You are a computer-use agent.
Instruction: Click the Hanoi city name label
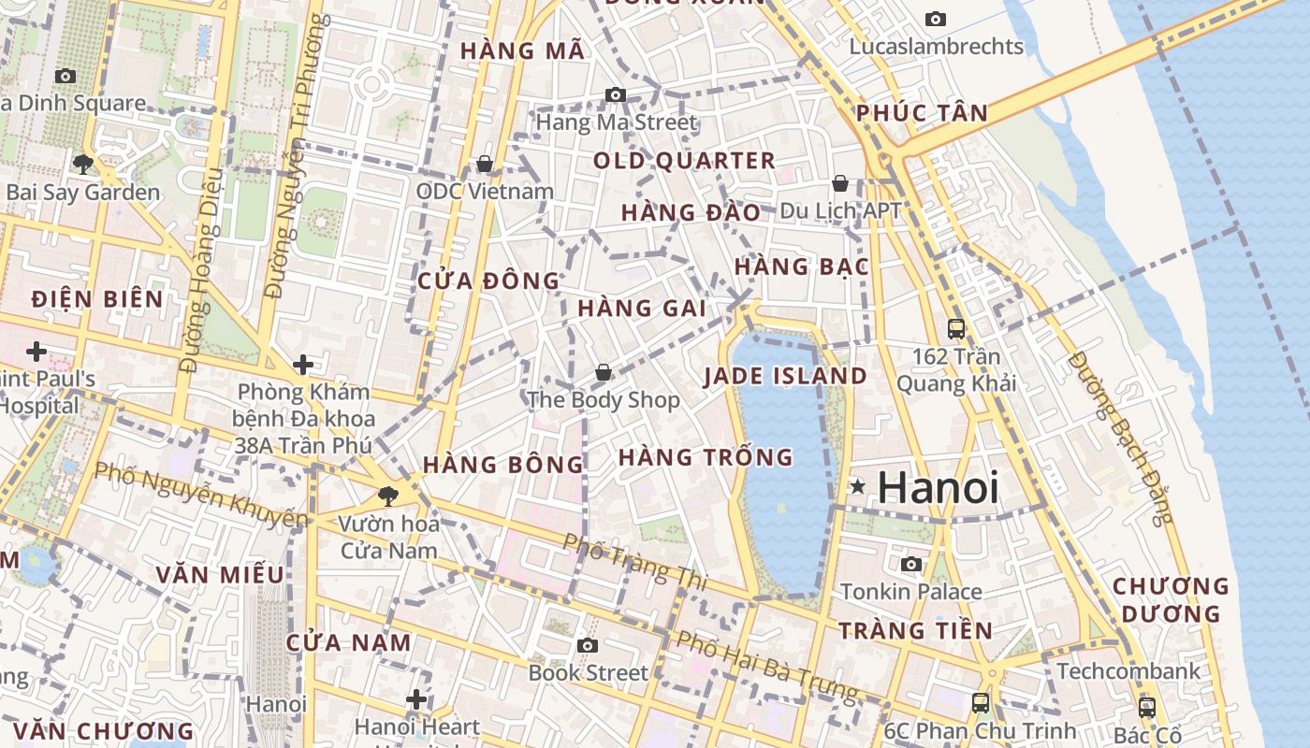[939, 488]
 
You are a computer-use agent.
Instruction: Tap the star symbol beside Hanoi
[857, 486]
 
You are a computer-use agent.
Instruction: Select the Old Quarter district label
[685, 161]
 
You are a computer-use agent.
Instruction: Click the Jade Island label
[785, 377]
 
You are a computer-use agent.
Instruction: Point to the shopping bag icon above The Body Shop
[604, 373]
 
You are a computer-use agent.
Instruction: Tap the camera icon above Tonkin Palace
[910, 564]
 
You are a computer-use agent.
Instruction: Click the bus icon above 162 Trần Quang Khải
[956, 329]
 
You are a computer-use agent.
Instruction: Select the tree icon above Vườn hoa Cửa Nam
[387, 496]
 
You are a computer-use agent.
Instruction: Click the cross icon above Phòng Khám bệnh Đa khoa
[302, 365]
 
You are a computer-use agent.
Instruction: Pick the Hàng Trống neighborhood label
[706, 457]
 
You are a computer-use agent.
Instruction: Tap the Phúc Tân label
[922, 114]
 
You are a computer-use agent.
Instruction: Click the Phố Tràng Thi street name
[633, 562]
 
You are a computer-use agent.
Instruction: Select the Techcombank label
[1128, 670]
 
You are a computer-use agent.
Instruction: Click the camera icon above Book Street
[588, 645]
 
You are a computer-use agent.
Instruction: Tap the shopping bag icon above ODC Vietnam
[485, 165]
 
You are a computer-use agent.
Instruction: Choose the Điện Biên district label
[97, 299]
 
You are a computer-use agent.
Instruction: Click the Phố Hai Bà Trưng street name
[766, 668]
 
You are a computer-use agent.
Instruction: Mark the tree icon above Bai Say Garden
[83, 165]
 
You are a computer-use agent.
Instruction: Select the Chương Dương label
[1170, 600]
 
